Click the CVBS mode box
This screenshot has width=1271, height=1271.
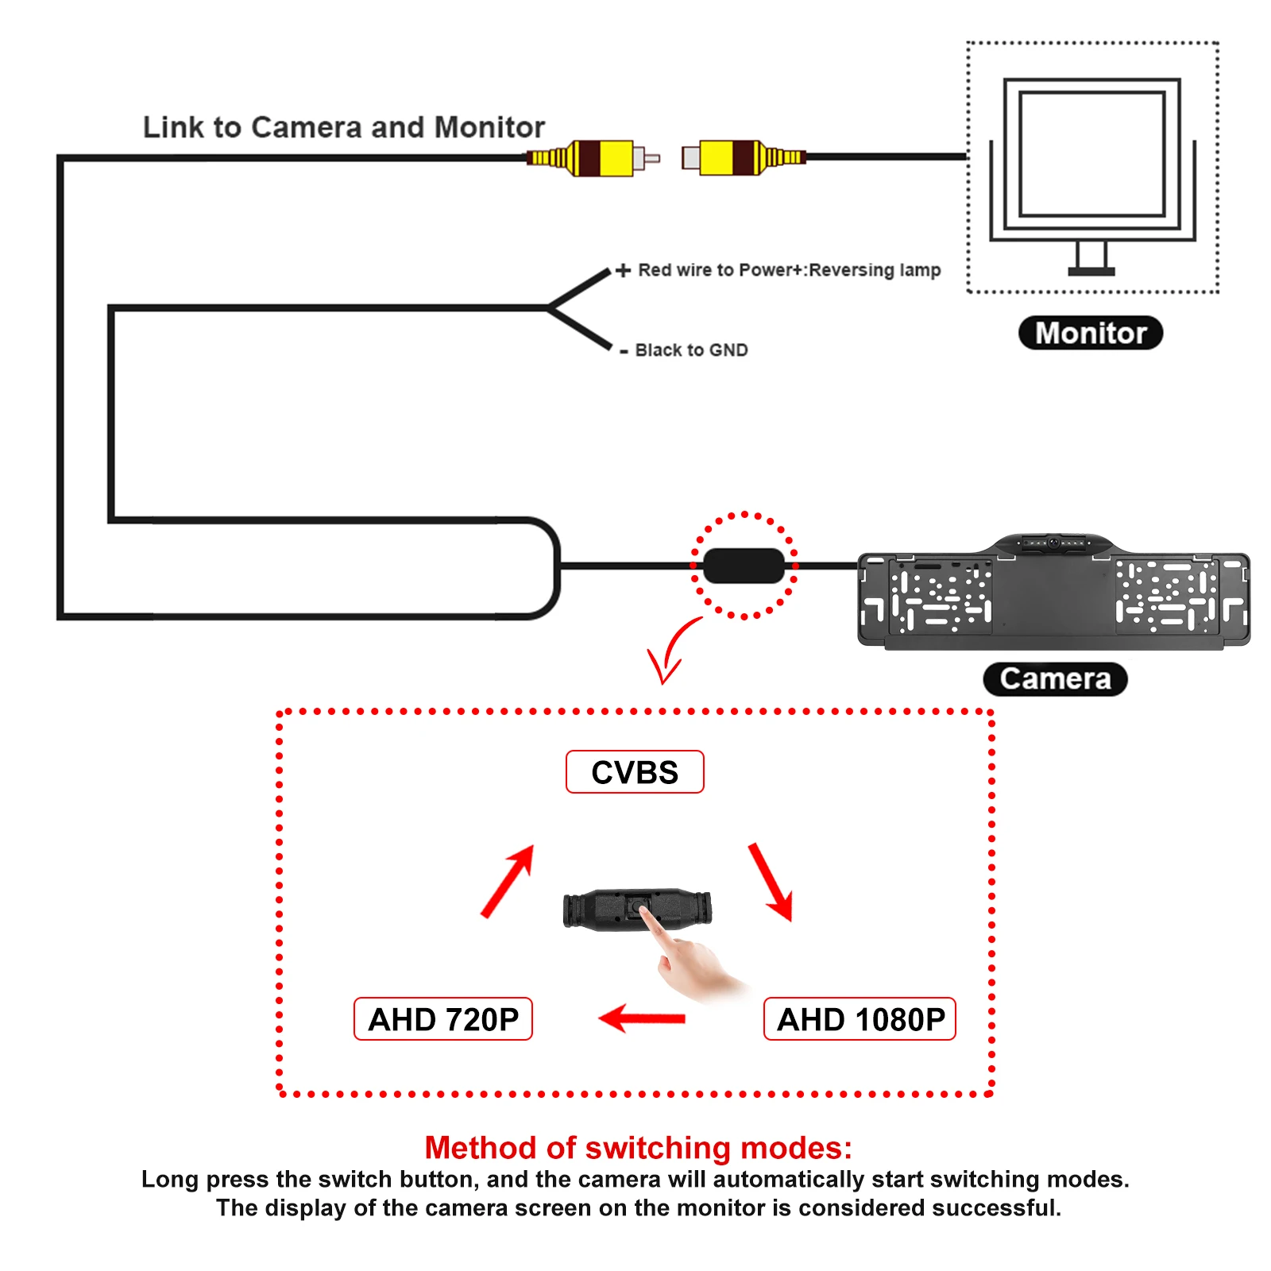coord(635,772)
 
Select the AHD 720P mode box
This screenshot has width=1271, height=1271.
coord(443,1019)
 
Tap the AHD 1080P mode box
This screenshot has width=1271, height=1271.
coord(860,1019)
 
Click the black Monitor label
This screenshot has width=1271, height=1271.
coord(1091,333)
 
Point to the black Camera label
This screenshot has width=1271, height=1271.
coord(1055,679)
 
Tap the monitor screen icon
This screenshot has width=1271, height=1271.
coord(1091,154)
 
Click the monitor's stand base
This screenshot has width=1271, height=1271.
coord(1091,271)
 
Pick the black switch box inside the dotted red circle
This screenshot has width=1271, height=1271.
coord(744,566)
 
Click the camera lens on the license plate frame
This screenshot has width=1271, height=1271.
coord(1053,543)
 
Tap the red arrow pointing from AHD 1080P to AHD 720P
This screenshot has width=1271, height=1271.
coord(642,1018)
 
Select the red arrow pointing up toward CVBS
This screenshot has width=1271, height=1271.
coord(508,880)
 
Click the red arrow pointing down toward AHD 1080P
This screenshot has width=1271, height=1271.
coord(771,882)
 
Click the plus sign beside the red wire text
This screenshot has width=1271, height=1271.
coord(624,270)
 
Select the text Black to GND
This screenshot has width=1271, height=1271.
coord(691,350)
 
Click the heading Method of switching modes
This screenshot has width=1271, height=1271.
coord(638,1148)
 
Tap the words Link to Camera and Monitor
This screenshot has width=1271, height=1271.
coord(344,127)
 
